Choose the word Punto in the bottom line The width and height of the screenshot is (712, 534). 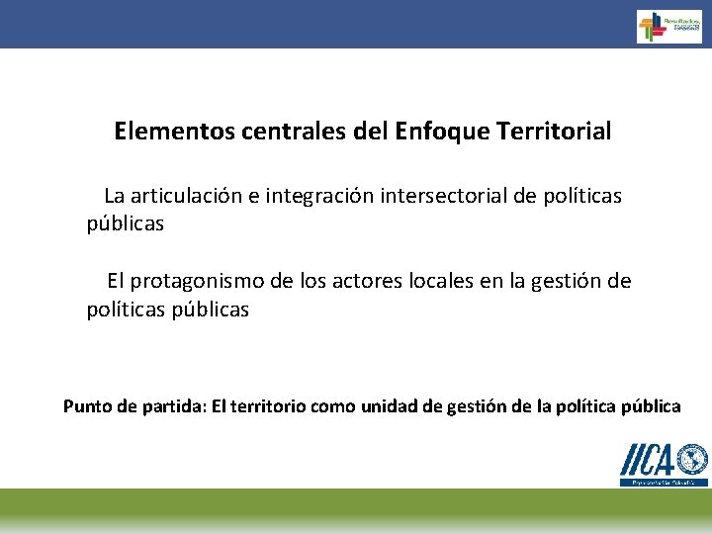[x=87, y=406]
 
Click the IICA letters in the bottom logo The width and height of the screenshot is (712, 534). [x=648, y=461]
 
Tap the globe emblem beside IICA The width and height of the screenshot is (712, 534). [x=693, y=460]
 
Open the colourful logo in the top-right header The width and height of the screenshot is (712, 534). [x=668, y=26]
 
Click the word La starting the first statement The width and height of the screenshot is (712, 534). [x=115, y=196]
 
